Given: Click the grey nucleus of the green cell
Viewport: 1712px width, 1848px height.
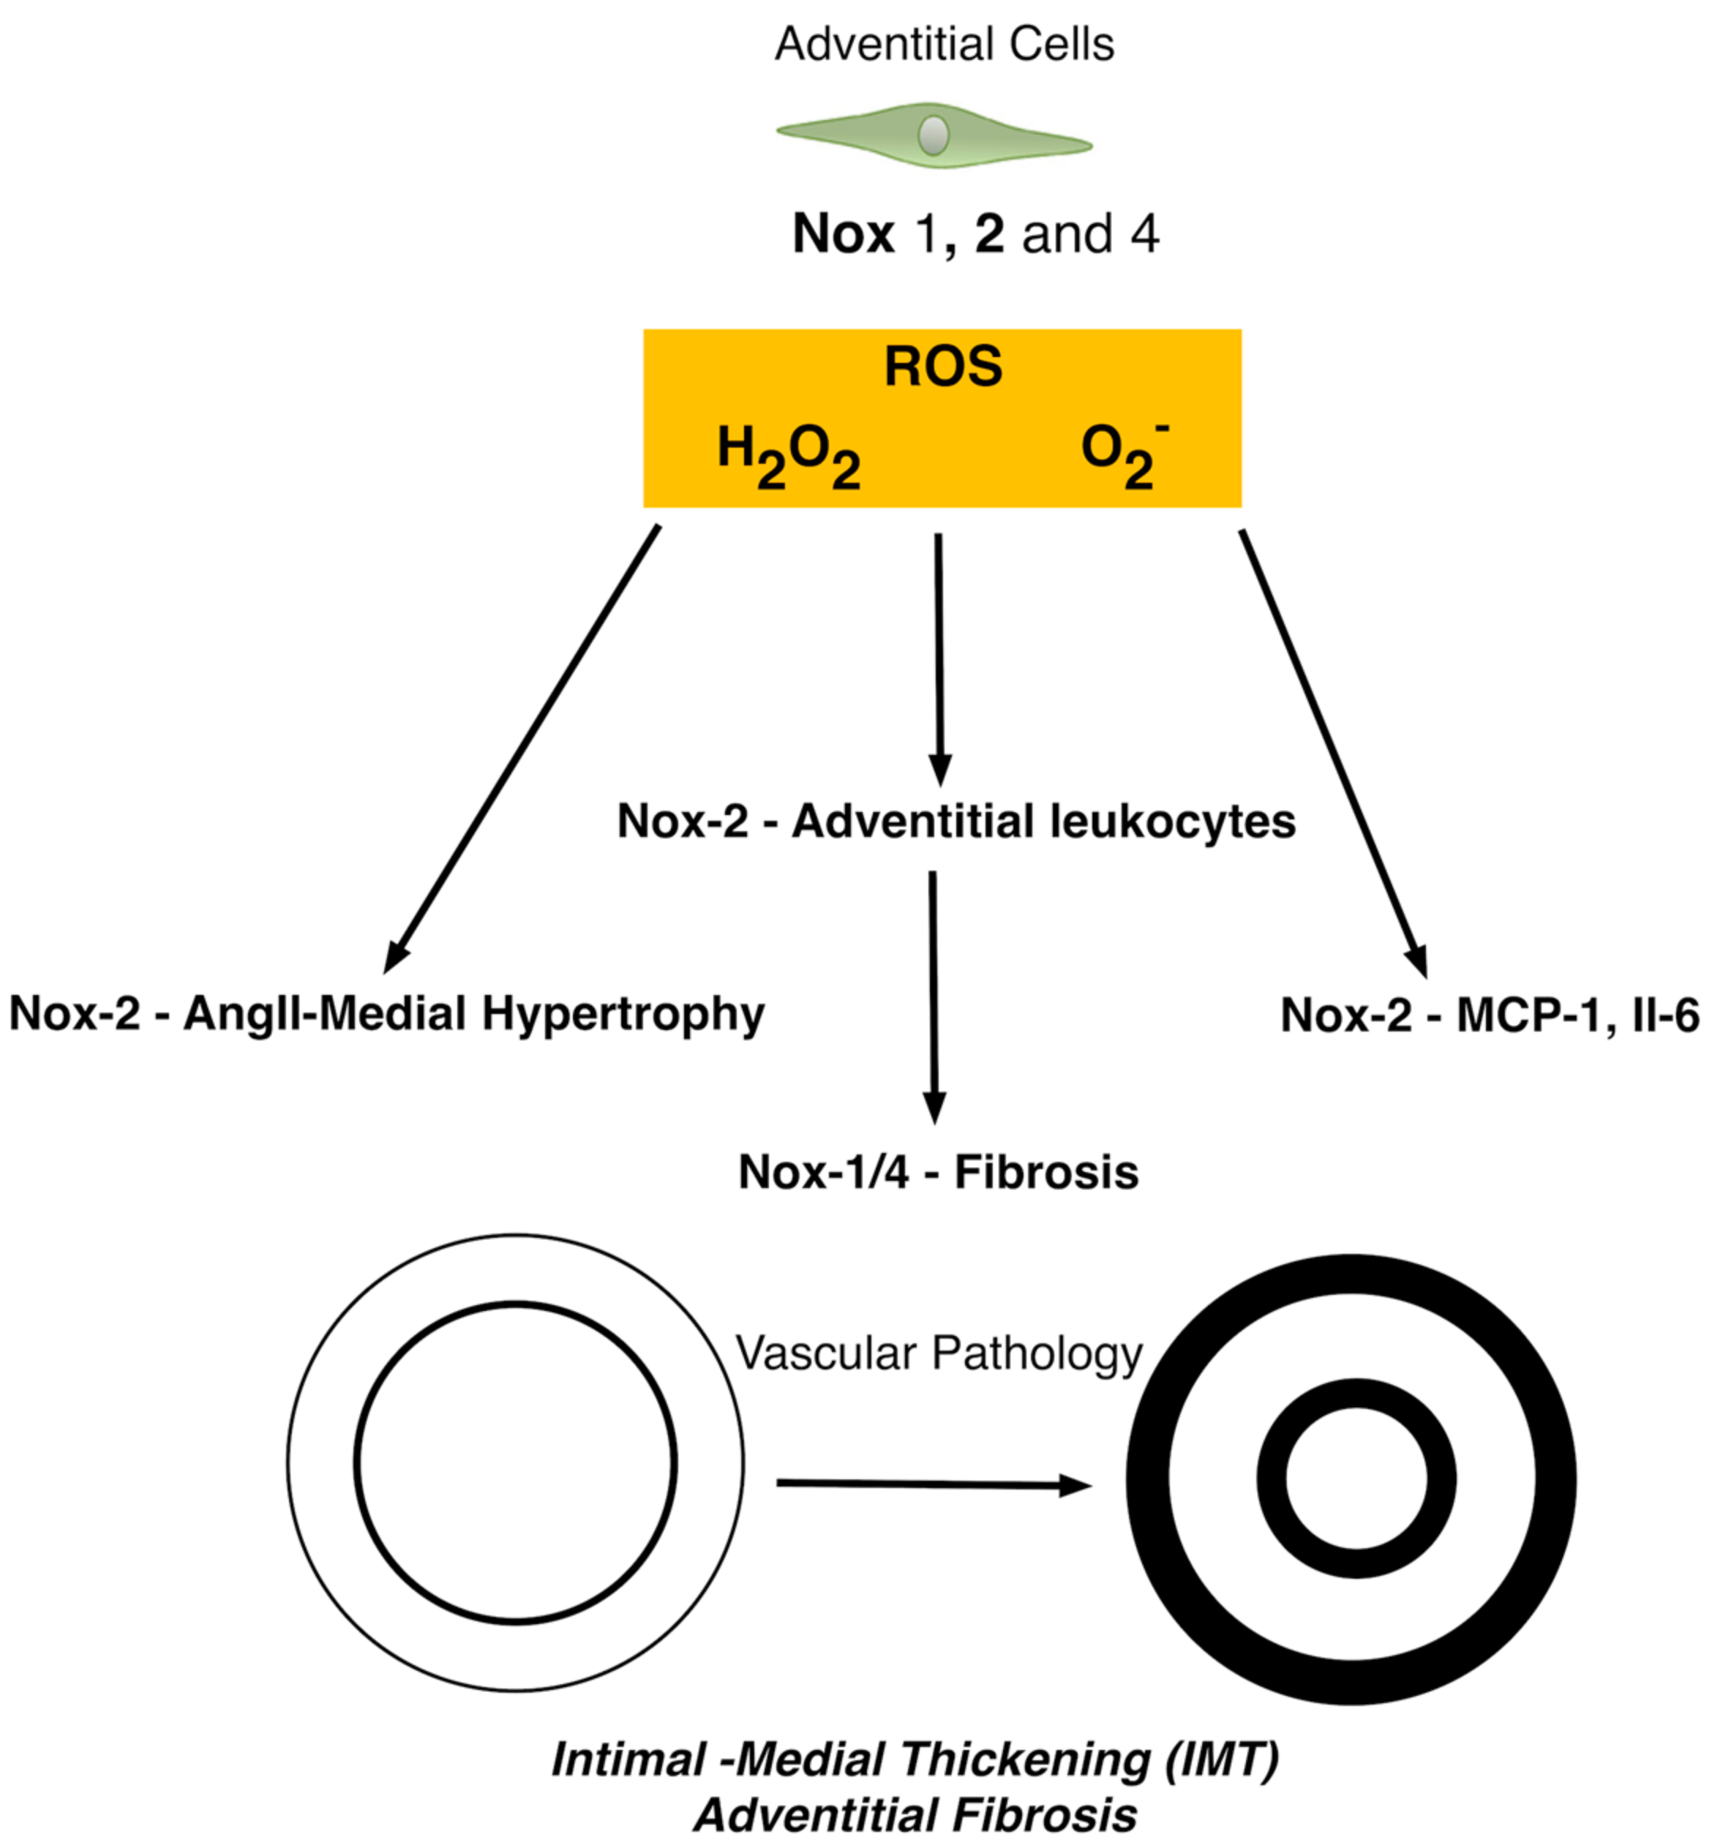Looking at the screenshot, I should point(933,135).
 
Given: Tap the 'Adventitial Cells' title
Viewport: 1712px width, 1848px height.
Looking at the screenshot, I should point(944,45).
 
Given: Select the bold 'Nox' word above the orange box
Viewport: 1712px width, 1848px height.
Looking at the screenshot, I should point(843,233).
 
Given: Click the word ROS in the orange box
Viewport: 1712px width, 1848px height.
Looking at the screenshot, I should point(943,366).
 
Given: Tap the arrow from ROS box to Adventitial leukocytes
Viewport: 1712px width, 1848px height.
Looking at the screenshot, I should point(939,658).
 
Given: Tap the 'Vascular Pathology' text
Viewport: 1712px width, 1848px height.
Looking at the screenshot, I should point(939,1353).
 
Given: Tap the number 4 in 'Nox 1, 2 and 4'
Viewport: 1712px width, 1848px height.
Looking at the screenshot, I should point(1145,233).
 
